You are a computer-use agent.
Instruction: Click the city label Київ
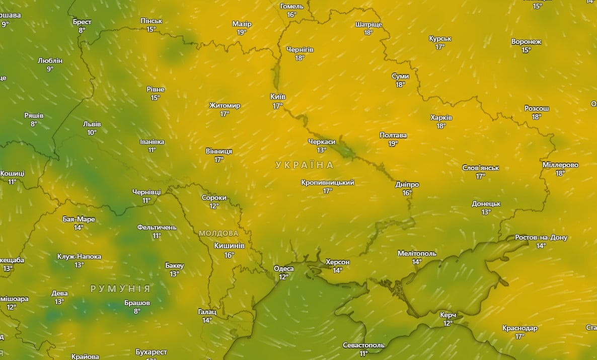point(278,97)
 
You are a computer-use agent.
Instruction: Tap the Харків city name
point(441,117)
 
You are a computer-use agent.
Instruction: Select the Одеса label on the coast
point(283,268)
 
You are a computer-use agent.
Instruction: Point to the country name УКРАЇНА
point(305,165)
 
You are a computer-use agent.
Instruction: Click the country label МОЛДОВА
point(218,234)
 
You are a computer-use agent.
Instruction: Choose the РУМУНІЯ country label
point(120,289)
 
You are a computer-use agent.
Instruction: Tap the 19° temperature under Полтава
point(393,143)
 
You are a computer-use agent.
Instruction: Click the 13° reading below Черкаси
point(322,150)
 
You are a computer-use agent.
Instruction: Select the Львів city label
point(92,124)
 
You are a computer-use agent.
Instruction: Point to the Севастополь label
point(363,345)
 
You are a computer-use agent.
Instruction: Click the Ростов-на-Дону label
point(541,238)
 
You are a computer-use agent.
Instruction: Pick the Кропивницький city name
point(328,182)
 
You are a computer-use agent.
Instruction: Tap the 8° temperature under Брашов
point(137,311)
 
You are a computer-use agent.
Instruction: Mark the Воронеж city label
point(526,42)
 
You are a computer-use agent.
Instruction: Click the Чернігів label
point(300,49)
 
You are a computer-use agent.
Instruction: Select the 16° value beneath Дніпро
point(407,193)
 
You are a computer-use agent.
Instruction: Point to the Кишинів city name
point(229,246)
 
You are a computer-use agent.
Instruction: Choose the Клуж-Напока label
point(79,257)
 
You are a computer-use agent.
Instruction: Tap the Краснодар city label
point(520,328)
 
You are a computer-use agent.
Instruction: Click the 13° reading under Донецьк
point(486,212)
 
